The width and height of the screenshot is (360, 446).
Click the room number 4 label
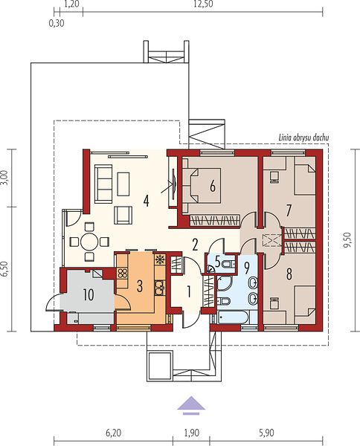pyautogui.click(x=147, y=201)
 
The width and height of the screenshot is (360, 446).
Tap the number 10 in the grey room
pyautogui.click(x=89, y=294)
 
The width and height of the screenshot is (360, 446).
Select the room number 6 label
pyautogui.click(x=213, y=187)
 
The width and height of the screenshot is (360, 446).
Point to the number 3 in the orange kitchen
pyautogui.click(x=139, y=286)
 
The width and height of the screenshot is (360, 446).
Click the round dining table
pyautogui.click(x=89, y=242)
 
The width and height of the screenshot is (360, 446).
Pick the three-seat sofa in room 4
pyautogui.click(x=103, y=184)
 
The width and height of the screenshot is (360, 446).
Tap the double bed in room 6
pyautogui.click(x=202, y=186)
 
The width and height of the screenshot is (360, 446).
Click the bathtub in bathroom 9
pyautogui.click(x=234, y=317)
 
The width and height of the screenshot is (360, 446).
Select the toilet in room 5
pyautogui.click(x=229, y=264)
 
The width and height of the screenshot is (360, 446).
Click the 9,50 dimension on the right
pyautogui.click(x=348, y=240)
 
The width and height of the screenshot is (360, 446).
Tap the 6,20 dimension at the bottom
pyautogui.click(x=114, y=433)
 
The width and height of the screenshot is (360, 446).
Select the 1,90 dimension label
pyautogui.click(x=191, y=433)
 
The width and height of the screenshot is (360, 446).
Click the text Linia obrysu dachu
pyautogui.click(x=303, y=138)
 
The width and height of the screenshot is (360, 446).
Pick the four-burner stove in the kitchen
pyautogui.click(x=123, y=274)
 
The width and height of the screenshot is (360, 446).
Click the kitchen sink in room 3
pyautogui.click(x=160, y=287)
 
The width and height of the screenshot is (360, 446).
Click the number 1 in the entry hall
pyautogui.click(x=188, y=292)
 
